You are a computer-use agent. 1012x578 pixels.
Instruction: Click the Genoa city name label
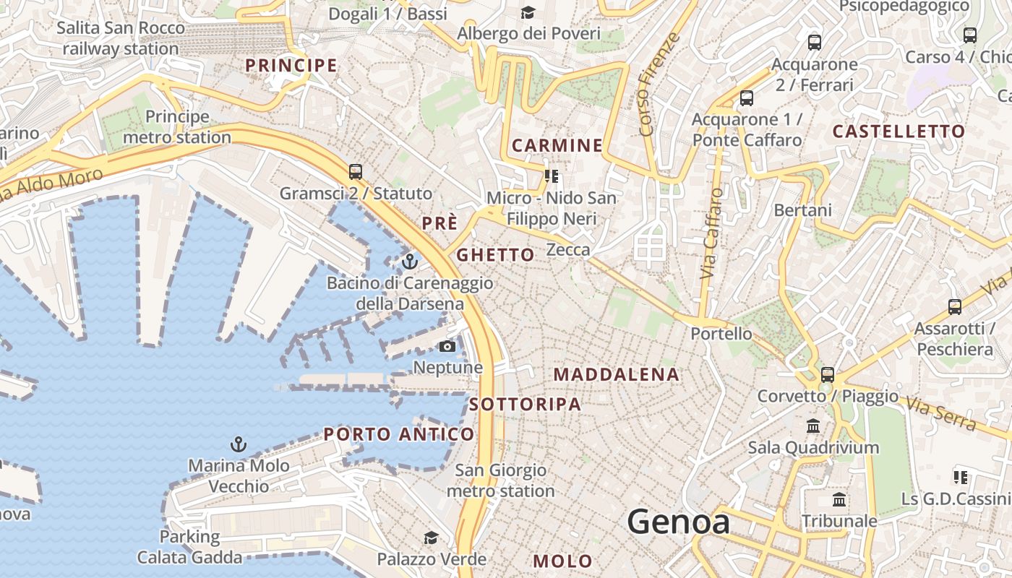tap(678, 522)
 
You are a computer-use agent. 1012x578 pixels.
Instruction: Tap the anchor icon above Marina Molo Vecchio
tap(238, 444)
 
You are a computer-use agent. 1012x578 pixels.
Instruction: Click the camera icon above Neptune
tap(447, 347)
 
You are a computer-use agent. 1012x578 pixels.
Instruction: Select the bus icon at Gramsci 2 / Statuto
tap(355, 172)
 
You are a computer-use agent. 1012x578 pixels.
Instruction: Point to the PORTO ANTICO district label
tap(398, 434)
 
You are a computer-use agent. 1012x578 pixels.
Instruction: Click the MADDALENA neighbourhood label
tap(616, 374)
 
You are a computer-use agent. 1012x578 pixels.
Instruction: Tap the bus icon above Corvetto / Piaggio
tap(827, 375)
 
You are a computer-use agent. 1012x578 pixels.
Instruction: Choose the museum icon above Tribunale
tap(839, 500)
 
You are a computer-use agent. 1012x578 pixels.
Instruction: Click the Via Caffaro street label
tap(711, 233)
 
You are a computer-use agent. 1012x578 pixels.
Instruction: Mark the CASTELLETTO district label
tap(899, 131)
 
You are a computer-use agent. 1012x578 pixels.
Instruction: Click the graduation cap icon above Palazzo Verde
tap(431, 538)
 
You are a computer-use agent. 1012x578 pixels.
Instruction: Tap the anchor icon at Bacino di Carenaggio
tap(410, 262)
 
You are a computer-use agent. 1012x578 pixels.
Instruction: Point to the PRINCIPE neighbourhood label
tap(291, 66)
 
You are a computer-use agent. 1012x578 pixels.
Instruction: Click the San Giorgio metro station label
tap(500, 480)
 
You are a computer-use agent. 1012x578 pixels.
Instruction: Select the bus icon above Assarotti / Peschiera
tap(954, 307)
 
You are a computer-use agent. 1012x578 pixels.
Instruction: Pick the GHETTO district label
tap(495, 254)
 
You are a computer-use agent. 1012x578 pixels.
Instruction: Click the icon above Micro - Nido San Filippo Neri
tap(552, 176)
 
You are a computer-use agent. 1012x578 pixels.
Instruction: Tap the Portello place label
tap(721, 334)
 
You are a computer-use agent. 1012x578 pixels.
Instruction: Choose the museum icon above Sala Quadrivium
tap(813, 426)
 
